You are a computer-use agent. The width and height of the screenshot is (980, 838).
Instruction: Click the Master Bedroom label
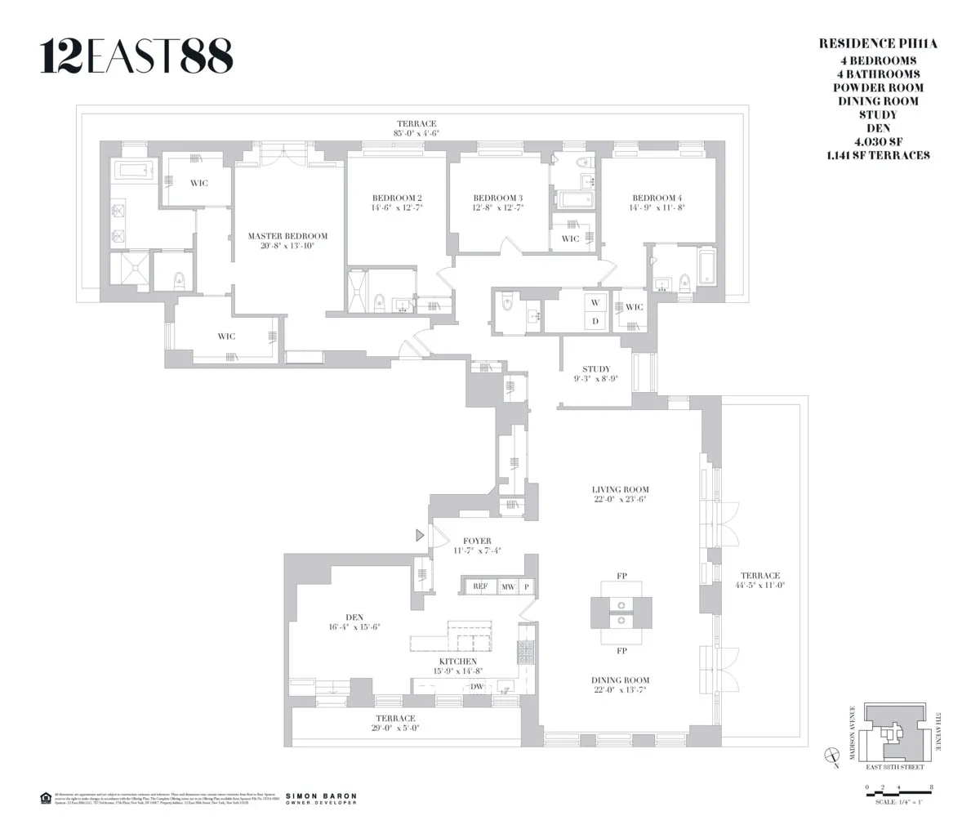(x=281, y=236)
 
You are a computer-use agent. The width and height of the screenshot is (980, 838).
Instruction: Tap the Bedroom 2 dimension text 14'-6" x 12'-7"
(x=397, y=208)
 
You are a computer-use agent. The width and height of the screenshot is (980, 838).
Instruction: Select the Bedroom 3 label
(x=497, y=198)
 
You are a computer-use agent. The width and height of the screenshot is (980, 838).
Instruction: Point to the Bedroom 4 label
(x=656, y=198)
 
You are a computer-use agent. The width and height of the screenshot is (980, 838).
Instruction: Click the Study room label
(x=596, y=369)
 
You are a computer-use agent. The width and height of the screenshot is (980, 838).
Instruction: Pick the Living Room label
(x=620, y=489)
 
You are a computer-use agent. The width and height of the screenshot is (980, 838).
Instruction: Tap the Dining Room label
(x=620, y=680)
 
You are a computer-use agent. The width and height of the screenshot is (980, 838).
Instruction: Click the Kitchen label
(x=457, y=662)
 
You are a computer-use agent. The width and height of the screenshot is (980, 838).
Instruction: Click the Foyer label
(x=477, y=541)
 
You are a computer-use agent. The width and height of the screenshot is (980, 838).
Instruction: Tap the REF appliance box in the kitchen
(x=479, y=586)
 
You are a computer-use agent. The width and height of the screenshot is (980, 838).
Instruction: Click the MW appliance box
(x=508, y=586)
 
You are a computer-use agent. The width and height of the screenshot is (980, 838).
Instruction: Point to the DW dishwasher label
(x=477, y=687)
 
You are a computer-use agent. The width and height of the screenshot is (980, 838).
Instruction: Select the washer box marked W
(x=595, y=302)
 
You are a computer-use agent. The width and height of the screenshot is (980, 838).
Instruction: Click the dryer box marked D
(x=595, y=321)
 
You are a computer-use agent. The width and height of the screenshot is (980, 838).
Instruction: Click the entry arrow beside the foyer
(x=421, y=536)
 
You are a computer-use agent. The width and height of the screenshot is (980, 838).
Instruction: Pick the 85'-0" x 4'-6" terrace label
(x=416, y=132)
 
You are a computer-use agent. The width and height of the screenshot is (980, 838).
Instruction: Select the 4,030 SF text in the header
(x=875, y=141)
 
